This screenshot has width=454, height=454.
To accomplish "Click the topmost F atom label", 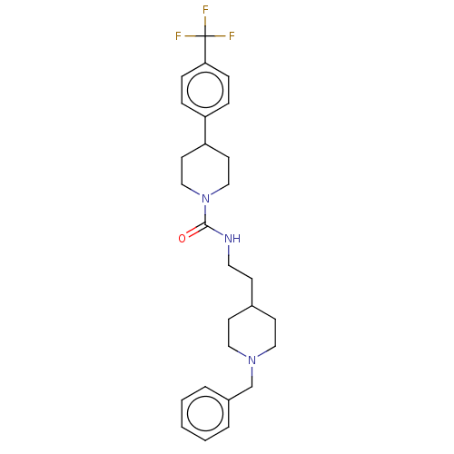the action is coord(205,10).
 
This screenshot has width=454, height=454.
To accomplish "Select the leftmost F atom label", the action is coord(178,36).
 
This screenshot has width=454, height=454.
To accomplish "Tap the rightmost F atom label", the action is coord(232,36).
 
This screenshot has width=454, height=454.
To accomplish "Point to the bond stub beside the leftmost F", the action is coord(191,36).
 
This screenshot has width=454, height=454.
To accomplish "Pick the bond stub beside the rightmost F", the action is coord(220,36).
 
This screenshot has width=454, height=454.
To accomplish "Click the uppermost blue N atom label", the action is coord(205,198).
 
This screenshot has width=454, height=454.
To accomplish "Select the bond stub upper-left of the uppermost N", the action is coord(194,192).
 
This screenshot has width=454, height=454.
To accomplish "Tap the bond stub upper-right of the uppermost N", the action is coord(216,192).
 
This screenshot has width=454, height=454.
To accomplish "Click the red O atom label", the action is coord(182,239).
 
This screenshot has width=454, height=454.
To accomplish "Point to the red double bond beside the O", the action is coord(192,232).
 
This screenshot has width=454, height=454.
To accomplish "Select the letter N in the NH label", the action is coord(228,239).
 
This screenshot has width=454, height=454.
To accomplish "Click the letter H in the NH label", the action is coord(237,239).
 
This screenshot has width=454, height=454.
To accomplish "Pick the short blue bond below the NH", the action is coord(229,251).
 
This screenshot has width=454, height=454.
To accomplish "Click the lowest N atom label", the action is coord(252,360).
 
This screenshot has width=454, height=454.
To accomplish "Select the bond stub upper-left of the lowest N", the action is coord(242,354).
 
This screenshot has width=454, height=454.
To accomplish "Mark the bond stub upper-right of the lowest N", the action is coord(262,354).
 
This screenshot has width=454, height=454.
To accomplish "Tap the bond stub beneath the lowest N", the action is coord(252,372).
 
